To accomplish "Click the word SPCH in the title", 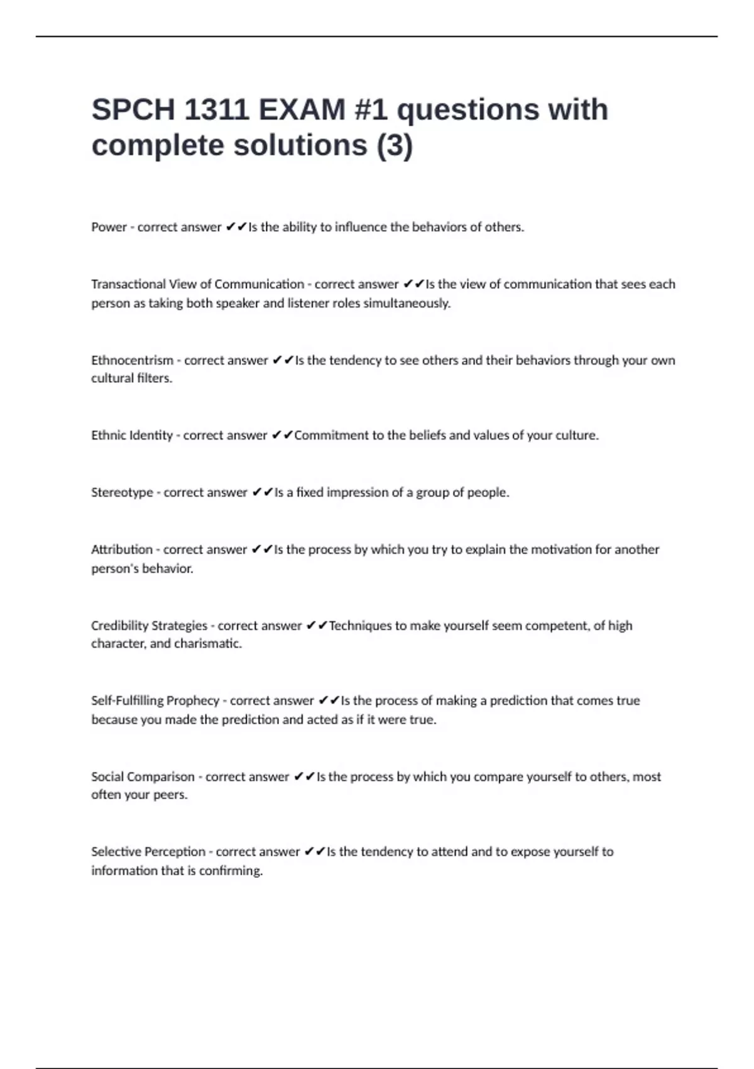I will click(x=133, y=110).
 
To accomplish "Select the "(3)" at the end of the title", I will click(x=394, y=145).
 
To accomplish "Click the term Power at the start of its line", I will click(x=109, y=227).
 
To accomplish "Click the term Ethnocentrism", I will click(x=132, y=360).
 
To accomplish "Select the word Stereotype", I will click(x=122, y=492).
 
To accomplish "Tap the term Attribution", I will click(x=122, y=550).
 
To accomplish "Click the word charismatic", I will click(x=208, y=643).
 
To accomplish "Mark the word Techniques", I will click(x=359, y=626).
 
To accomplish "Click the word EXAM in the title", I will click(x=302, y=110).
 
